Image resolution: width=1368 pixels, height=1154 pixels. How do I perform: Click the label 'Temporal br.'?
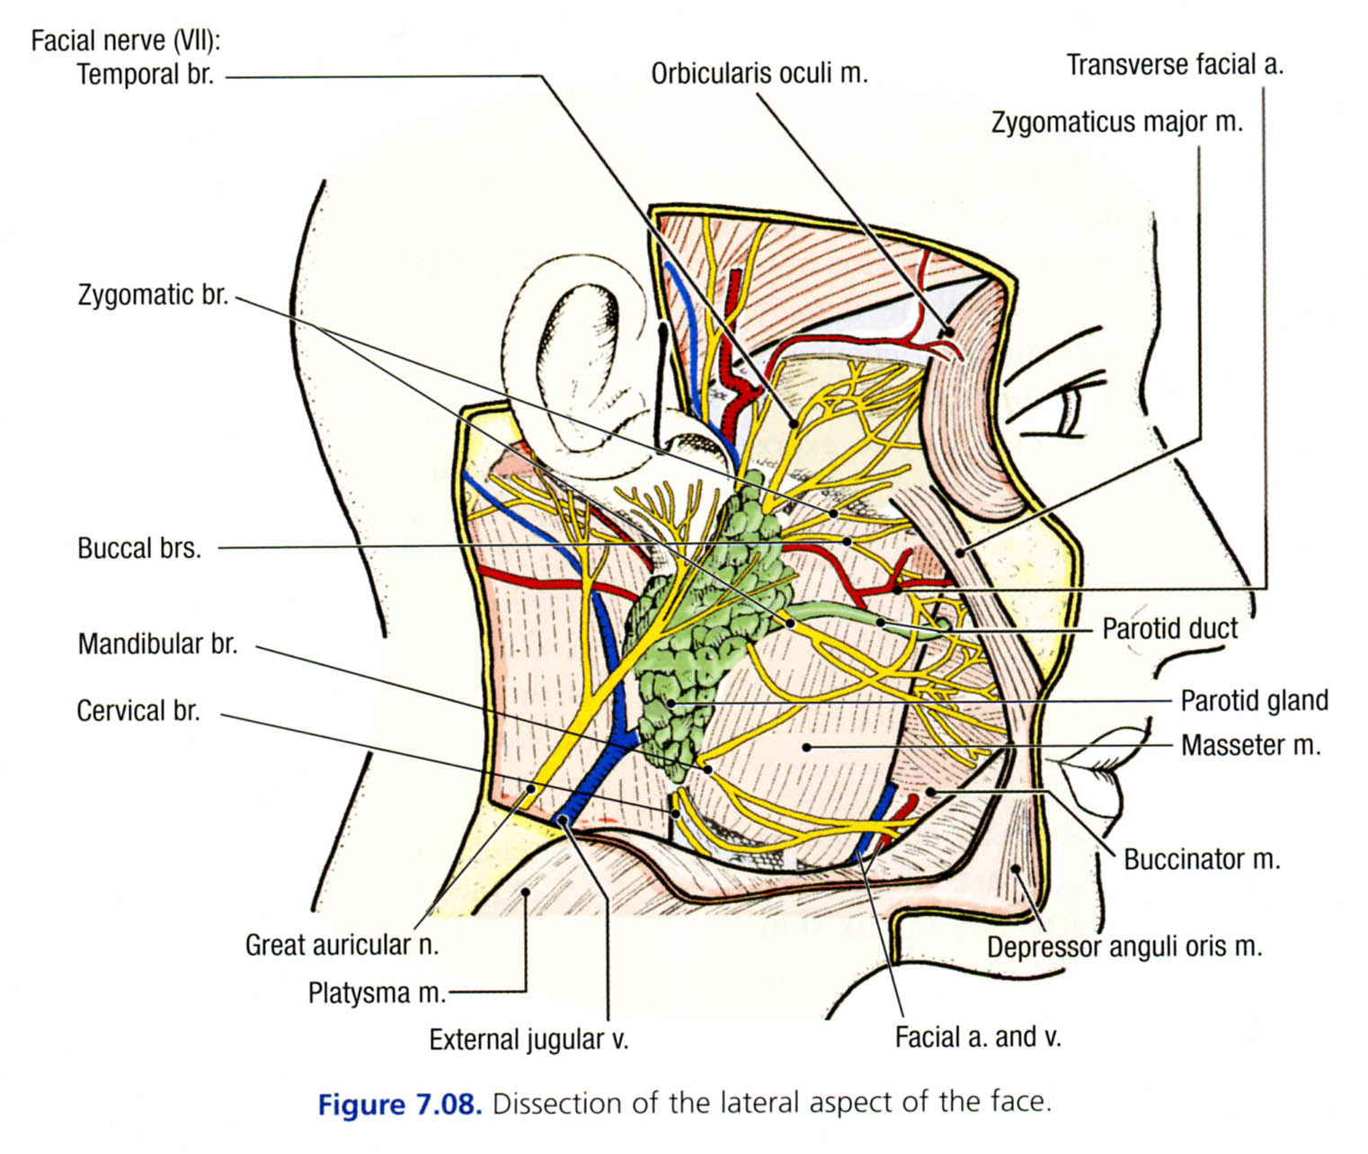(146, 74)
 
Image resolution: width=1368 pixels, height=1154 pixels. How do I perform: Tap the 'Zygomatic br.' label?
(153, 295)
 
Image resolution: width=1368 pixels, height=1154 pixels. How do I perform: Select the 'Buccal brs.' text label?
(139, 548)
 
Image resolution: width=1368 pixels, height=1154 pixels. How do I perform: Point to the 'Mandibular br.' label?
(157, 644)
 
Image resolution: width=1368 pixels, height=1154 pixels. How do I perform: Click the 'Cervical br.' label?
(138, 711)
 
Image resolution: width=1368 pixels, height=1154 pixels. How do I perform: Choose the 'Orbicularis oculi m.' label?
(760, 73)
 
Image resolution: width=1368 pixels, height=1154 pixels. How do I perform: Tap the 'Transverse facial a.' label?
(1175, 65)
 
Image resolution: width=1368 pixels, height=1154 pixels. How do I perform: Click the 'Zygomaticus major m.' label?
(1117, 121)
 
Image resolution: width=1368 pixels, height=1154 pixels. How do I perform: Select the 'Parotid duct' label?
(1169, 628)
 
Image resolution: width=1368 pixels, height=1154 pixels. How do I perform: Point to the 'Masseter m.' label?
(1250, 745)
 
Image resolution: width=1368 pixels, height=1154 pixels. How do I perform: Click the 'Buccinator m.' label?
(1202, 859)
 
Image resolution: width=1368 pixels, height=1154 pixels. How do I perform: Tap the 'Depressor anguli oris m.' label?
(1124, 946)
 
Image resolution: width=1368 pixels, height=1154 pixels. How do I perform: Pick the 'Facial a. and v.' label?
(978, 1037)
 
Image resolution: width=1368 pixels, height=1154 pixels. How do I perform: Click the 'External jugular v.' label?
(529, 1040)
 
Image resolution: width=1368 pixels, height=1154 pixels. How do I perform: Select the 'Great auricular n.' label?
(342, 945)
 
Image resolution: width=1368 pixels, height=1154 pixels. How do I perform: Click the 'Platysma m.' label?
(377, 993)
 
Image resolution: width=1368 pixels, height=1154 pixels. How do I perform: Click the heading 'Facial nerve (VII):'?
(126, 40)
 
